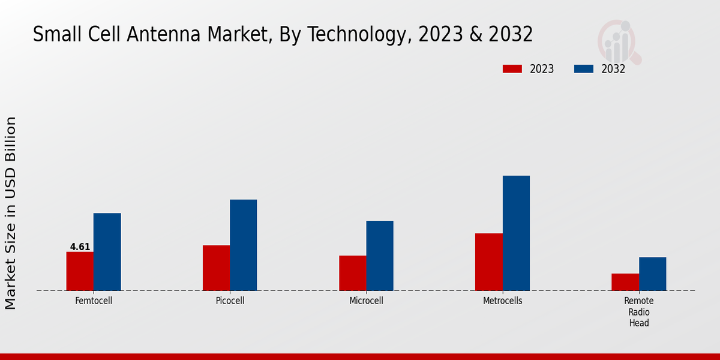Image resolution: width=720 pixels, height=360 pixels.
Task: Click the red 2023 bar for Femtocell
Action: [80, 271]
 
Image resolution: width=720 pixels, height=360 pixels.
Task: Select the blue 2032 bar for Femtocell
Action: [107, 252]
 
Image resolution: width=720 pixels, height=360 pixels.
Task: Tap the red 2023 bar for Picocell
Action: [216, 268]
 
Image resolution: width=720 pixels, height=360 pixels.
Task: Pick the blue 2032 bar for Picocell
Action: [244, 245]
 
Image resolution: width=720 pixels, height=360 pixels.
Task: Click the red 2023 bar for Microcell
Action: [353, 273]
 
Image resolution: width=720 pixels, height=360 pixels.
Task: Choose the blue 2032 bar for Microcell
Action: [380, 256]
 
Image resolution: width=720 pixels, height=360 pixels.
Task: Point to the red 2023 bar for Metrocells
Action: [489, 262]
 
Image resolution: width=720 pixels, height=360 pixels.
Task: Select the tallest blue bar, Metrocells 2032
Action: [516, 233]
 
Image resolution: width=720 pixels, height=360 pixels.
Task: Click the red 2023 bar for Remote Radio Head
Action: [625, 282]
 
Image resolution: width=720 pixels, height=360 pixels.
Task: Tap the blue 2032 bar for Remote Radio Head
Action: [653, 274]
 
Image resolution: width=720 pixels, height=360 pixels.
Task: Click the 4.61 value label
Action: [80, 247]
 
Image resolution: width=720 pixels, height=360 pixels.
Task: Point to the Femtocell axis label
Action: [94, 301]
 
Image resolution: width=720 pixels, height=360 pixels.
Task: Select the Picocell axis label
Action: [230, 301]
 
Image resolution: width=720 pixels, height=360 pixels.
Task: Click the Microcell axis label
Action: [366, 301]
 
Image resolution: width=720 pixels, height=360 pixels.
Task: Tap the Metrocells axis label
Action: [503, 301]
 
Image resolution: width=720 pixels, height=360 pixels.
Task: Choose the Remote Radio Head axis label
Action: [639, 311]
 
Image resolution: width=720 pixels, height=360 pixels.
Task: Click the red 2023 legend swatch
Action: [512, 69]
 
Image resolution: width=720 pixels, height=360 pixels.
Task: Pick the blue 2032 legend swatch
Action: [584, 69]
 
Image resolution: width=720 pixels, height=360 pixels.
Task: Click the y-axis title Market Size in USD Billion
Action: [11, 213]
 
